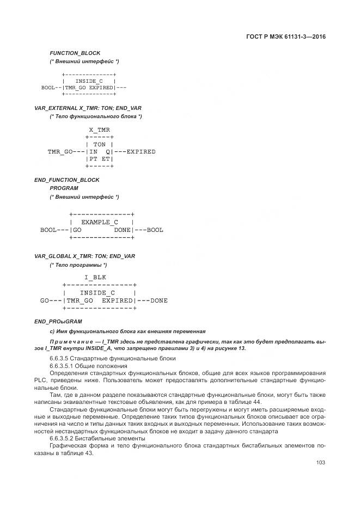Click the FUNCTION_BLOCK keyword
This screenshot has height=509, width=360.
point(75,53)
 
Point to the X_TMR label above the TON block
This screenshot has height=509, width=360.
point(99,130)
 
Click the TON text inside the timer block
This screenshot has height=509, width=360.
point(100,144)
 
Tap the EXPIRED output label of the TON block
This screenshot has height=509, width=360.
point(141,151)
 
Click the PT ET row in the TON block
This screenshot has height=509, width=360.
point(100,159)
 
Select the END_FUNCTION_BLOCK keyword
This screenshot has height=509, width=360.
point(67,180)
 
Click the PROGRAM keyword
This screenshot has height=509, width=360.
point(64,188)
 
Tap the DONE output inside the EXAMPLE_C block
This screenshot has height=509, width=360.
point(123,230)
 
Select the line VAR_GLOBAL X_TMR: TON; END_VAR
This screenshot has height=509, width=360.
point(84,256)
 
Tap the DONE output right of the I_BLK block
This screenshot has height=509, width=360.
point(159,300)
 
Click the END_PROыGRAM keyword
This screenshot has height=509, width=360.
point(59,321)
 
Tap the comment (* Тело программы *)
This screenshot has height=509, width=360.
point(78,265)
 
